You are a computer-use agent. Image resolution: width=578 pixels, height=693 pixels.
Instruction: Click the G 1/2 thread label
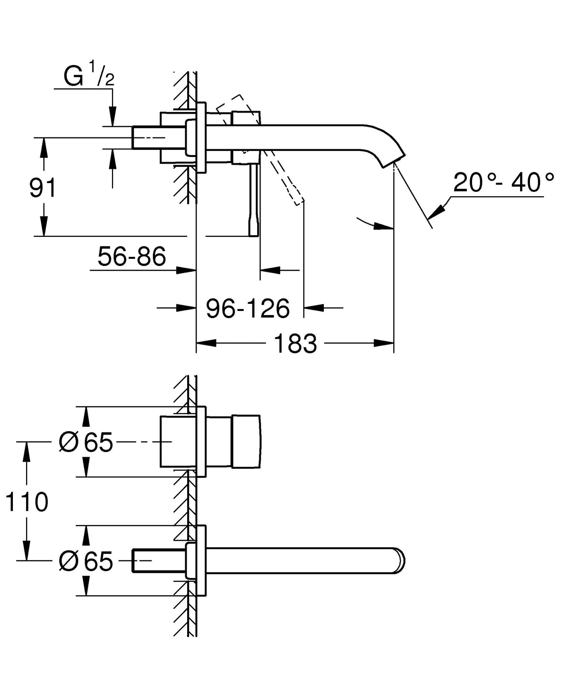click(x=89, y=77)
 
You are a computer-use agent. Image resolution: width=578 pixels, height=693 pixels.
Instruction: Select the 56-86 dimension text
click(x=132, y=256)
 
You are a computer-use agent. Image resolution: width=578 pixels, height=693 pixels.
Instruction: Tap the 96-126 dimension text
click(x=248, y=309)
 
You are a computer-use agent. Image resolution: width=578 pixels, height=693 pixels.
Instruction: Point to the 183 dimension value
click(x=295, y=344)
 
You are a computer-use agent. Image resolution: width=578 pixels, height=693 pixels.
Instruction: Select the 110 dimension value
click(x=27, y=502)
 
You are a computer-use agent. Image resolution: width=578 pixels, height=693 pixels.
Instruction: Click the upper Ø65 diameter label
click(x=86, y=442)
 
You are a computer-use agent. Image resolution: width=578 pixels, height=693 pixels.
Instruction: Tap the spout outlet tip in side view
click(x=394, y=161)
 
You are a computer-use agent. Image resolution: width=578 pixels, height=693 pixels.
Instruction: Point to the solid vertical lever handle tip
click(x=253, y=230)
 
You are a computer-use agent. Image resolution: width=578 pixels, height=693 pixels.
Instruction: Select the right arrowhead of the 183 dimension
click(x=384, y=343)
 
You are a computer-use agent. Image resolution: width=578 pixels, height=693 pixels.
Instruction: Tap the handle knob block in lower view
click(x=246, y=442)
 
